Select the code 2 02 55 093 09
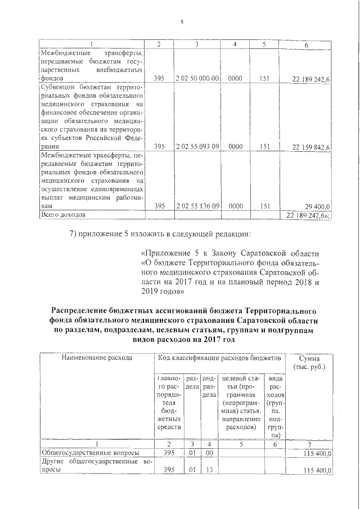pyautogui.click(x=197, y=147)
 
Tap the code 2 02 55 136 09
pyautogui.click(x=197, y=206)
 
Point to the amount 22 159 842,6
pyautogui.click(x=311, y=147)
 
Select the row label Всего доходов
pyautogui.click(x=62, y=215)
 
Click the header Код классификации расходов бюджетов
pyautogui.click(x=218, y=357)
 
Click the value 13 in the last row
pyautogui.click(x=209, y=470)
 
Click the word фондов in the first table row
pyautogui.click(x=52, y=79)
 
